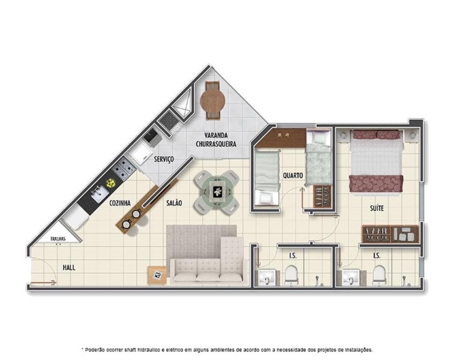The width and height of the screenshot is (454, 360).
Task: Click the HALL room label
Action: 69,267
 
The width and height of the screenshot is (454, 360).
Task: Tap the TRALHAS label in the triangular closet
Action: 58,239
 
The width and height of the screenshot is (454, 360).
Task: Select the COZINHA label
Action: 120,203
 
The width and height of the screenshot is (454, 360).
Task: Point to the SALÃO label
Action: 174,203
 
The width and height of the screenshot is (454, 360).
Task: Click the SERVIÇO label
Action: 164,159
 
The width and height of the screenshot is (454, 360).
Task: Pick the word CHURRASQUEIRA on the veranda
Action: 216,143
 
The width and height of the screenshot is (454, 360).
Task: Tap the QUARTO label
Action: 293,175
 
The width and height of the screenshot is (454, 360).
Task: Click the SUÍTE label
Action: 377,208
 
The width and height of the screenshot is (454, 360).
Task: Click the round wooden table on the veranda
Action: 213,100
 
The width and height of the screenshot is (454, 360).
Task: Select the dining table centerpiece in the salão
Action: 217,192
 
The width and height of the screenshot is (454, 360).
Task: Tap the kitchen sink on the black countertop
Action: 98,194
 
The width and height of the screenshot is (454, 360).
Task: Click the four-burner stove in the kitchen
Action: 124,169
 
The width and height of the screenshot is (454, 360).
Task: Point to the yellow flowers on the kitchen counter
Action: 110,183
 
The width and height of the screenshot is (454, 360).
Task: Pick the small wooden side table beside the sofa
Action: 157,275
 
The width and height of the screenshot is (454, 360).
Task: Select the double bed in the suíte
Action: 376,163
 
